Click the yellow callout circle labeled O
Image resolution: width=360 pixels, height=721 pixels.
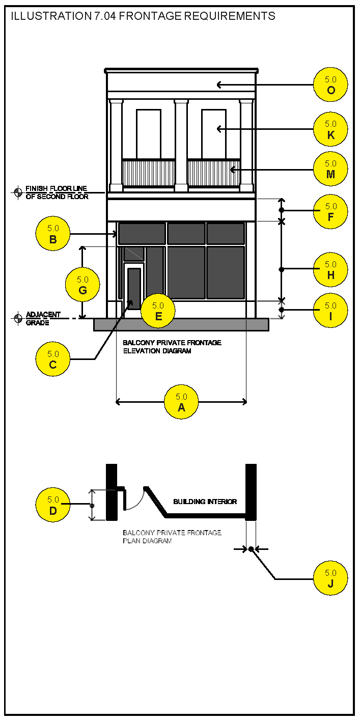coord(330,85)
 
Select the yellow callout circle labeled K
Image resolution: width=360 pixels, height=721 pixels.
coord(330,129)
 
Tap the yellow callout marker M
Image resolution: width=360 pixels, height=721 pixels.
coord(330,169)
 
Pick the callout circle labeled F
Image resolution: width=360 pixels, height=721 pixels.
coord(330,211)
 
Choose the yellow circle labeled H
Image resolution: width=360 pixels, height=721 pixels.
coord(330,269)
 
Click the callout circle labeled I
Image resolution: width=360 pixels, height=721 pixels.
coord(330,311)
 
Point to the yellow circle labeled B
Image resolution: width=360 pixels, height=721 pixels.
coord(53,234)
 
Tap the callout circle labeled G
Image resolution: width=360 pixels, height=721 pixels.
coord(82,285)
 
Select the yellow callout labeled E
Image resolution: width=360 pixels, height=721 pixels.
coord(158,311)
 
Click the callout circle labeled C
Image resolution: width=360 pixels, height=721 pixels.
coord(53,359)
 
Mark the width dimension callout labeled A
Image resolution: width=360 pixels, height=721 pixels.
coord(181,402)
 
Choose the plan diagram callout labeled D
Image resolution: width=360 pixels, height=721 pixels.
coord(53,505)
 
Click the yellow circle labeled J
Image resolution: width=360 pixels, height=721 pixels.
coord(330,578)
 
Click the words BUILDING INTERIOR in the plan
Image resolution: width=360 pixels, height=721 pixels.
coord(205,502)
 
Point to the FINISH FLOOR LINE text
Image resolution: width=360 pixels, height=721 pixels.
coord(57,189)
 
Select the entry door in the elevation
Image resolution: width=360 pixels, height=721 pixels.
coord(134,289)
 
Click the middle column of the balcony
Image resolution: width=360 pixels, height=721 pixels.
coord(181,145)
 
